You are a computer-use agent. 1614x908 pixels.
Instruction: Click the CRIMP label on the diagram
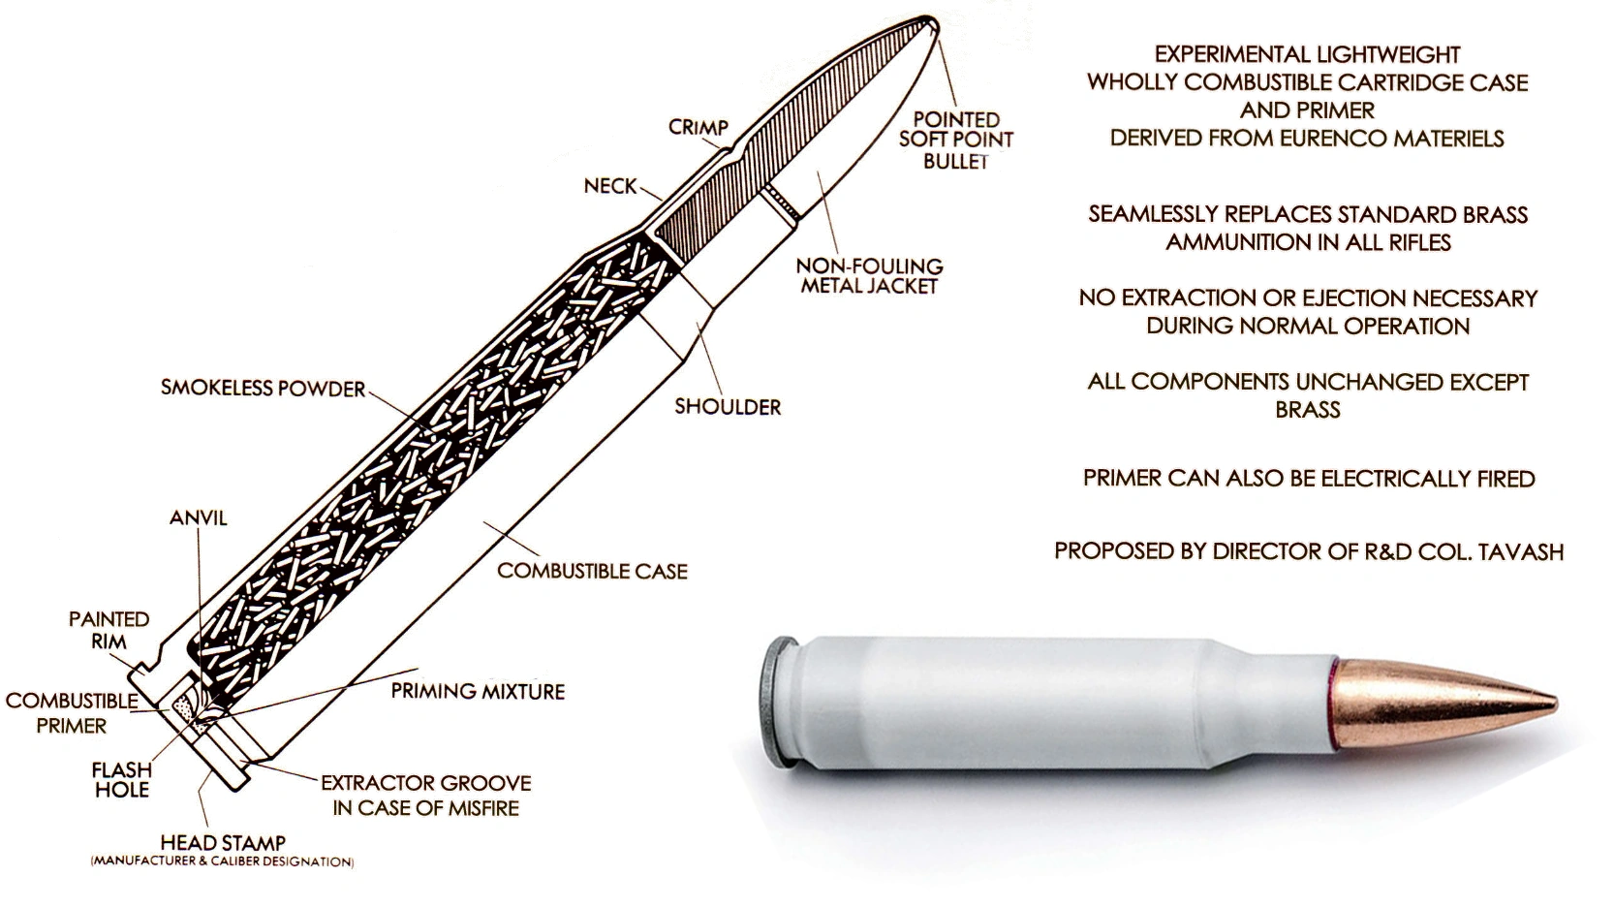698,128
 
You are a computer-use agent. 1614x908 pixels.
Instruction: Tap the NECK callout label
610,186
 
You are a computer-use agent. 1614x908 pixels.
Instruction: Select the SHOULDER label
728,407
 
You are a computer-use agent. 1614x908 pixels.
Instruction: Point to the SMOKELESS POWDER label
263,389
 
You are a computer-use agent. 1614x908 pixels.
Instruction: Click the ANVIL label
199,517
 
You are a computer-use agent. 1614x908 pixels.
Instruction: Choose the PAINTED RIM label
109,630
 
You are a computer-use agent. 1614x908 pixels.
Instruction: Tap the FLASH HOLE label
122,779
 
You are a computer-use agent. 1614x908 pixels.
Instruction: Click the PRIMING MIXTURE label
478,692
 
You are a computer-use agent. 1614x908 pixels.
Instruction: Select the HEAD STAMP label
223,843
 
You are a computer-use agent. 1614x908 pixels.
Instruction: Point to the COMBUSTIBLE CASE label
592,572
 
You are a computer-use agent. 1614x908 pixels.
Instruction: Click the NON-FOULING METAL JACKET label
869,275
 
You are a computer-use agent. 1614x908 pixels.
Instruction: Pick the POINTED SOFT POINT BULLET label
955,140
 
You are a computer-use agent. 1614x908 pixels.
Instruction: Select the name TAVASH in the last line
1519,551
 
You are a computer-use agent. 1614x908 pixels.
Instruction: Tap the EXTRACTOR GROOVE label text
426,783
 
